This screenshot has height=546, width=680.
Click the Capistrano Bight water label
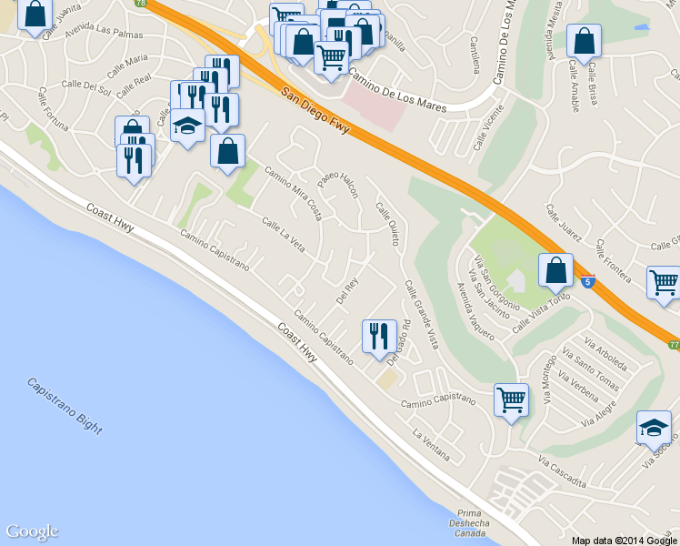pos(64,406)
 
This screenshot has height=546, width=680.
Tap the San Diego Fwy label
pos(315,109)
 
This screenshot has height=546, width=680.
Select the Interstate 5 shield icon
pos(588,283)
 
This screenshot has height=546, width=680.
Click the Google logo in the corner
pos(32,532)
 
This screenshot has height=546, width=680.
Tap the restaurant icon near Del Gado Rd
pos(376,336)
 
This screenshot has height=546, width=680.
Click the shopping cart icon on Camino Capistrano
pos(511,399)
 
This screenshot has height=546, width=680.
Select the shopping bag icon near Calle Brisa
pos(584,40)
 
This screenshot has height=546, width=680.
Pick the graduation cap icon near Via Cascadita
pos(653,427)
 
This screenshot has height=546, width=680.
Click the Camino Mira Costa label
pos(293,192)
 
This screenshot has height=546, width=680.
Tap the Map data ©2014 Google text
pos(625,540)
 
